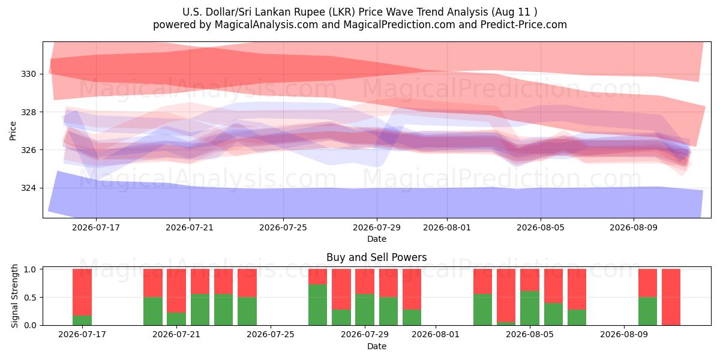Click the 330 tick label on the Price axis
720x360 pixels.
28,74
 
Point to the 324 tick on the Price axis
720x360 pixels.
28,188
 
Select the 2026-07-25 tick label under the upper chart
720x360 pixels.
283,227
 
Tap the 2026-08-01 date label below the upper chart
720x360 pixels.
447,227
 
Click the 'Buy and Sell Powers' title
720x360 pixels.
376,257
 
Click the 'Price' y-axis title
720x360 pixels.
13,131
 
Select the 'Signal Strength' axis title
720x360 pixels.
14,296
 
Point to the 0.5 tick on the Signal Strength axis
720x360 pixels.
31,298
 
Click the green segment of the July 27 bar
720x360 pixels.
317,305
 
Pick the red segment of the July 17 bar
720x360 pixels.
82,292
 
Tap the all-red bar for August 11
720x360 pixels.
671,297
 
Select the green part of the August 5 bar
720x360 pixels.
530,308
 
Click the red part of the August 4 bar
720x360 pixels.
506,295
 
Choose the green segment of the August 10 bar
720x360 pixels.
647,311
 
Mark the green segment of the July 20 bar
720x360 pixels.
153,311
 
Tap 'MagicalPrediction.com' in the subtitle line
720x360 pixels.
399,25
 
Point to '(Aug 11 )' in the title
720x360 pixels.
514,12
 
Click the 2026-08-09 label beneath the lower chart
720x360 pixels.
624,334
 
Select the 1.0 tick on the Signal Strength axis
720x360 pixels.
31,269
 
